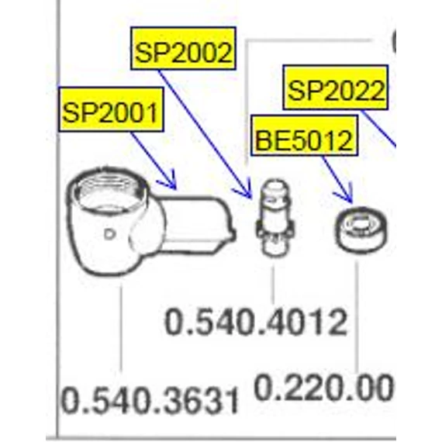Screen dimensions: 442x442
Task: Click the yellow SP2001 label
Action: pyautogui.click(x=111, y=109)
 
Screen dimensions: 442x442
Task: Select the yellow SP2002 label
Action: pyautogui.click(x=183, y=48)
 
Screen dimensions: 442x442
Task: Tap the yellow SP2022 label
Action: pyautogui.click(x=336, y=88)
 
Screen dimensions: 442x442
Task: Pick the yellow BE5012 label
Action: pyautogui.click(x=305, y=135)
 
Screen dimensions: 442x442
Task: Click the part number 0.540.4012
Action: pyautogui.click(x=256, y=322)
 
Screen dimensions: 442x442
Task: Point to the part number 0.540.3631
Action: pyautogui.click(x=150, y=400)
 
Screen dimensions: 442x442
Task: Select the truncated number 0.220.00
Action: pyautogui.click(x=323, y=387)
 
